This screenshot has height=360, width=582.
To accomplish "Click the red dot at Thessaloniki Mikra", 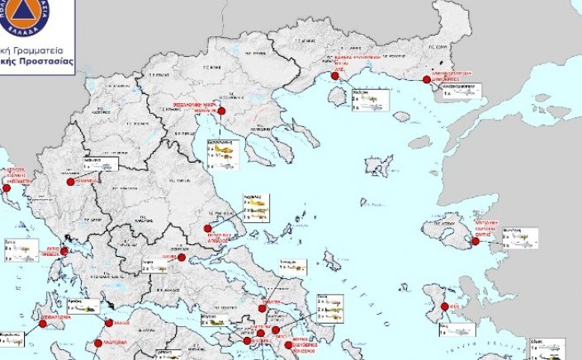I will pyautogui.click(x=221, y=111).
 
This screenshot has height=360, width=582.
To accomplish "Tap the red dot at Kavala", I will pyautogui.click(x=335, y=77).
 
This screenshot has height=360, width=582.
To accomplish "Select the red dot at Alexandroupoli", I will pyautogui.click(x=427, y=80).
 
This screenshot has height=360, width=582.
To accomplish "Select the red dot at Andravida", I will pyautogui.click(x=98, y=343).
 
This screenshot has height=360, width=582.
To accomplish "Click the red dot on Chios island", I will pyautogui.click(x=445, y=307).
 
